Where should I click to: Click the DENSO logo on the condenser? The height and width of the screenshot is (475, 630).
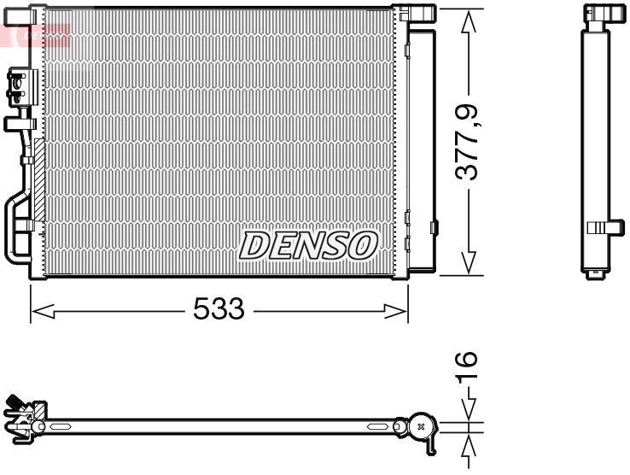308,245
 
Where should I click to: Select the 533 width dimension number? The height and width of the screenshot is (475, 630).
219,310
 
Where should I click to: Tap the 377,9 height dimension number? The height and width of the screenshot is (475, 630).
467,141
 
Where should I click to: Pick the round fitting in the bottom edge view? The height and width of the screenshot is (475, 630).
419,425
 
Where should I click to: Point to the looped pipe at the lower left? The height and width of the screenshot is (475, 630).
17,226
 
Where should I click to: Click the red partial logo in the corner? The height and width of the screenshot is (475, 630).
34,35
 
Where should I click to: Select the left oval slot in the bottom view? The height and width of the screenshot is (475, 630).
63,425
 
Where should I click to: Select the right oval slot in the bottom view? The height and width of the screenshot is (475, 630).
377,425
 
